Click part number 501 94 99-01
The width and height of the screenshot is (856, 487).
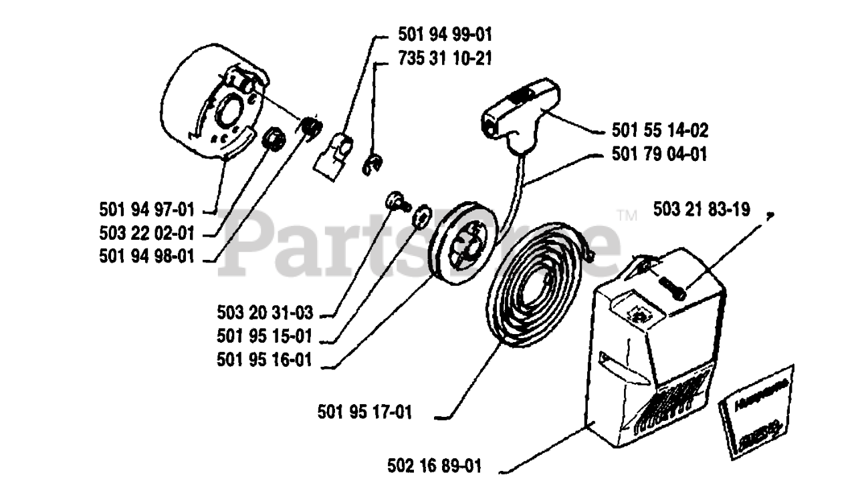pyautogui.click(x=445, y=33)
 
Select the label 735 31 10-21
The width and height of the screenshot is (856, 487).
pyautogui.click(x=445, y=58)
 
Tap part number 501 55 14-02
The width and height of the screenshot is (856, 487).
pyautogui.click(x=659, y=130)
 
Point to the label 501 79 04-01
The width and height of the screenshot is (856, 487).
pyautogui.click(x=659, y=154)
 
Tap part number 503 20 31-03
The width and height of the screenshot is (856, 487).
pyautogui.click(x=265, y=311)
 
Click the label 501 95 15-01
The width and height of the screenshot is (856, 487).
pyautogui.click(x=265, y=335)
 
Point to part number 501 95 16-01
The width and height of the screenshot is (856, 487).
pyautogui.click(x=265, y=360)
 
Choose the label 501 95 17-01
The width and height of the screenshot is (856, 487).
pyautogui.click(x=364, y=413)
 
